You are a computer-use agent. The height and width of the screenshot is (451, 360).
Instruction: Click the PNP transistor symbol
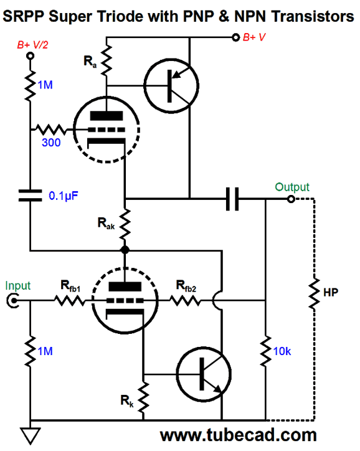[171, 86]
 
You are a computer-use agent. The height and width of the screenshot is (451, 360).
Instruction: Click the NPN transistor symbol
[204, 374]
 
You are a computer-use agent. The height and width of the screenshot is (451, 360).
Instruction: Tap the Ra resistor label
[90, 62]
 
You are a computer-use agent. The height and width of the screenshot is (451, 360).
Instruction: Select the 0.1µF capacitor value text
[64, 196]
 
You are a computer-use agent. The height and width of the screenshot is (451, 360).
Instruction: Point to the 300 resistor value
[51, 143]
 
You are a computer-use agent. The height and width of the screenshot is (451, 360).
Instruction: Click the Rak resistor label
[106, 224]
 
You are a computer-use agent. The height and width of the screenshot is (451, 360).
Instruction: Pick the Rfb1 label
[70, 286]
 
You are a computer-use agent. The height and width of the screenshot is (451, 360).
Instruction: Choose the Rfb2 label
[186, 286]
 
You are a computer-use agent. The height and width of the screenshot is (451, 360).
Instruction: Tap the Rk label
[127, 401]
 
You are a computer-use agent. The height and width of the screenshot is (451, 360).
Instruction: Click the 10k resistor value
[282, 351]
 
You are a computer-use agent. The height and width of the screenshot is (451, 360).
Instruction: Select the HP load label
[331, 293]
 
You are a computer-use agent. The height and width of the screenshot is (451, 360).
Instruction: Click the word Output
[292, 188]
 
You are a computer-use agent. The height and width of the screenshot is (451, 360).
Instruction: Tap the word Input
[18, 286]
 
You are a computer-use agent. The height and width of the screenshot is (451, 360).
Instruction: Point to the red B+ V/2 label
[32, 45]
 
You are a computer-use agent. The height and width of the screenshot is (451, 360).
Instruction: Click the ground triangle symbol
[30, 436]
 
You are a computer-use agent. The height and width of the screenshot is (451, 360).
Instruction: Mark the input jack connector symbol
[12, 301]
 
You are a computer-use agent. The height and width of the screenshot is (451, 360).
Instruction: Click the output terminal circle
[291, 199]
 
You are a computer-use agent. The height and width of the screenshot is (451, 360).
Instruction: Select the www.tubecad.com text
[239, 435]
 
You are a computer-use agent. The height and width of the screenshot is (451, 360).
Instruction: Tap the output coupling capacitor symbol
[232, 199]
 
